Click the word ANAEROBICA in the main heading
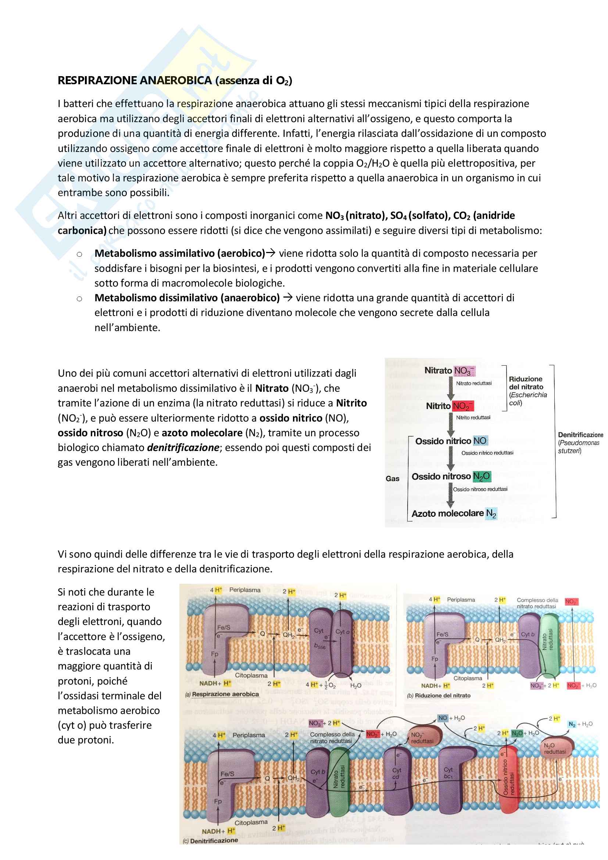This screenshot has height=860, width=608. (x=176, y=81)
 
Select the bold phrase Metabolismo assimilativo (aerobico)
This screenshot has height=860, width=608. (x=180, y=253)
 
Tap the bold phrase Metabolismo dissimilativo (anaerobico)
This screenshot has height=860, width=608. (x=187, y=298)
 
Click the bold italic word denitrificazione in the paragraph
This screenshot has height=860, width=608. (x=183, y=448)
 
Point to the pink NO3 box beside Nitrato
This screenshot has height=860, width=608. (x=464, y=371)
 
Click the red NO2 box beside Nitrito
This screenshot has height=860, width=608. (x=463, y=406)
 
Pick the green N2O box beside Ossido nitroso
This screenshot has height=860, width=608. (x=482, y=476)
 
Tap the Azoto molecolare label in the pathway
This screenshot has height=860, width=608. (x=447, y=513)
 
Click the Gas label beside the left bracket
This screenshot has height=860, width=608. (x=392, y=479)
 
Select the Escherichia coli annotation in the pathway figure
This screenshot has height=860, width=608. (x=528, y=399)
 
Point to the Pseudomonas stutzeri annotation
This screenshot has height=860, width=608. (x=579, y=447)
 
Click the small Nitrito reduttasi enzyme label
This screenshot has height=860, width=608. (x=473, y=417)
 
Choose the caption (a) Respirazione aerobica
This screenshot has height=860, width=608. (x=222, y=694)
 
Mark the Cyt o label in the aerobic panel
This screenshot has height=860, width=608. (x=342, y=632)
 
